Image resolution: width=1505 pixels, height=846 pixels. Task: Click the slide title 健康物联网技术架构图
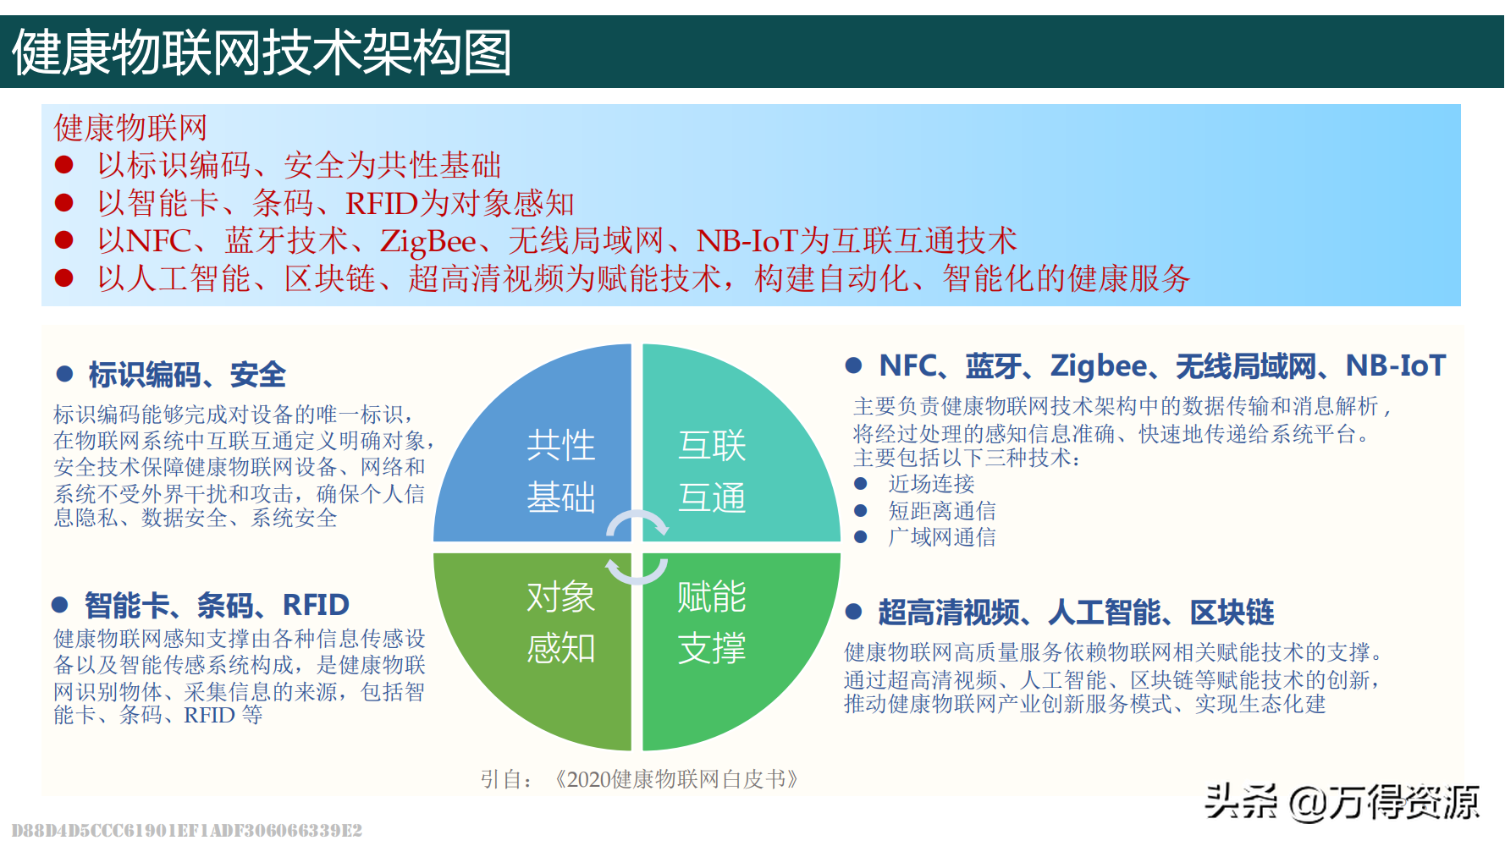(262, 52)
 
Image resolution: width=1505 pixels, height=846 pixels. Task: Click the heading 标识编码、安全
(187, 374)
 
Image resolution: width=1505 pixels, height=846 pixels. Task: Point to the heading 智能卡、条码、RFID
(217, 605)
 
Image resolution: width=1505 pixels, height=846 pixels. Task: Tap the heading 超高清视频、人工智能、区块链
(1076, 612)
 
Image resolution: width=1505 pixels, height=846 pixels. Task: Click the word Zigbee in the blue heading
(1099, 365)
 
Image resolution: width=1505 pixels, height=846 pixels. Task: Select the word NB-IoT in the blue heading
(1396, 365)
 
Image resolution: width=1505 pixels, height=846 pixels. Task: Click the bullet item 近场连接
(931, 484)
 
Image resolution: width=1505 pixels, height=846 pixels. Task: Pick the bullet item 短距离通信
(942, 511)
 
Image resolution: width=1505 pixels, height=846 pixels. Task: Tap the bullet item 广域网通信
(942, 537)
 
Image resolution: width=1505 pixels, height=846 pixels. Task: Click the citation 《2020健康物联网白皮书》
(675, 779)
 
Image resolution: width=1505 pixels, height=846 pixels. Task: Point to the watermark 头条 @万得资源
(1342, 802)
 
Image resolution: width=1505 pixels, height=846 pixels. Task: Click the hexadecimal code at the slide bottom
(187, 831)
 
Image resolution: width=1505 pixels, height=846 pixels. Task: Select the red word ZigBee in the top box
(428, 241)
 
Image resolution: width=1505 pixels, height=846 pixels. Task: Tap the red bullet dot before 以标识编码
(64, 164)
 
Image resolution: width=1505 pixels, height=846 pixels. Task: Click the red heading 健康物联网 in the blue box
(130, 128)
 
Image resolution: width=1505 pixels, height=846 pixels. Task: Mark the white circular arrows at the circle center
(637, 547)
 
